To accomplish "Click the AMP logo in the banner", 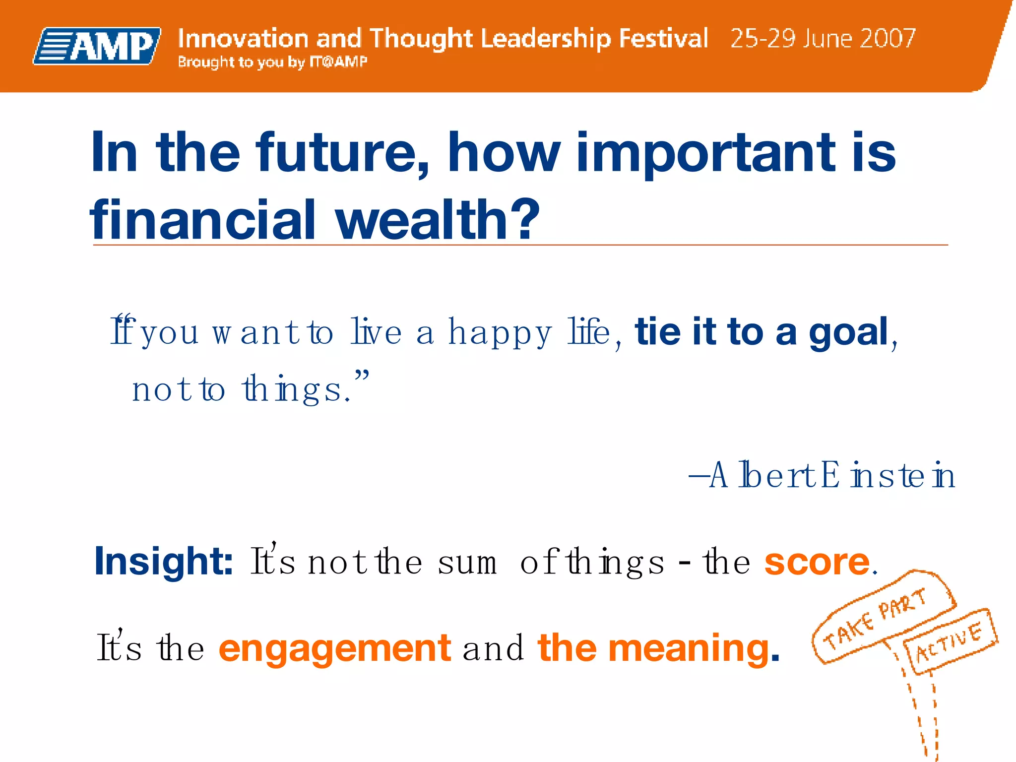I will coord(97,46).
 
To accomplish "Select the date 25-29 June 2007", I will coord(823,38).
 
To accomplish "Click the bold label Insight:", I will coord(164,561).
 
